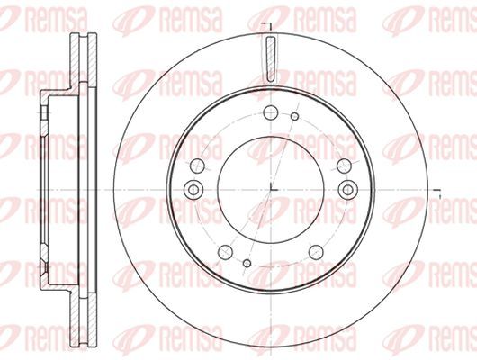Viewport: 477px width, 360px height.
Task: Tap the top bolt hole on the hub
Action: tap(271, 112)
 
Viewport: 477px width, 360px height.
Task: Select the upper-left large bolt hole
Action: tap(197, 166)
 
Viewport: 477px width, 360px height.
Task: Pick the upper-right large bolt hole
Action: tap(345, 166)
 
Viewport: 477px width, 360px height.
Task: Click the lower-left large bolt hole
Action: tap(225, 252)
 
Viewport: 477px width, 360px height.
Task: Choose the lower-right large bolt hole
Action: tap(316, 252)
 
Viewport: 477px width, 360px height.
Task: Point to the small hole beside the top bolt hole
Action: tap(294, 116)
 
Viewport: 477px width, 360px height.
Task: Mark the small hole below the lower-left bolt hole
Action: tap(247, 263)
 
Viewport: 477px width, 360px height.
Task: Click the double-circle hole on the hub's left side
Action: tap(193, 190)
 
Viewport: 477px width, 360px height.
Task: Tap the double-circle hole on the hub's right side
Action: tap(348, 190)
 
